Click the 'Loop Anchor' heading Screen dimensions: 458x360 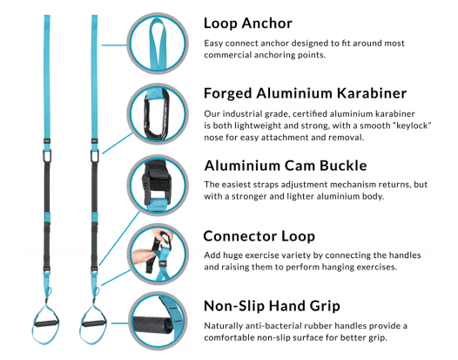coord(248,24)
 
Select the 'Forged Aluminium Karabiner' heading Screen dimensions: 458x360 coord(306,93)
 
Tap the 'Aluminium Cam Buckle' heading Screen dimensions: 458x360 coord(286,166)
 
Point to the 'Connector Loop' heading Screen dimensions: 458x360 coord(259,236)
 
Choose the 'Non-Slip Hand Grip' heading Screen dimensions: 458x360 coord(272,306)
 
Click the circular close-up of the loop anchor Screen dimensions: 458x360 coord(158,44)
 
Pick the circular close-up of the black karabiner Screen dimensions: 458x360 coord(158,114)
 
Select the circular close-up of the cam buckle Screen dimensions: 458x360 coord(158,186)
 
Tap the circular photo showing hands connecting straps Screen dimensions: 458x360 coord(158,255)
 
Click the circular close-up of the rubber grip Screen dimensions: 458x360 coord(158,323)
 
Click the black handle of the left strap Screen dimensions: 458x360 coord(46,323)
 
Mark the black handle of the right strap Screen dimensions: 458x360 coord(93,323)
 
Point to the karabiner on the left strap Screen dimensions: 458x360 coord(47,155)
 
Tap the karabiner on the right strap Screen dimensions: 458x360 coord(94,155)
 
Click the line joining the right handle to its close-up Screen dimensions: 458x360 coord(120,323)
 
